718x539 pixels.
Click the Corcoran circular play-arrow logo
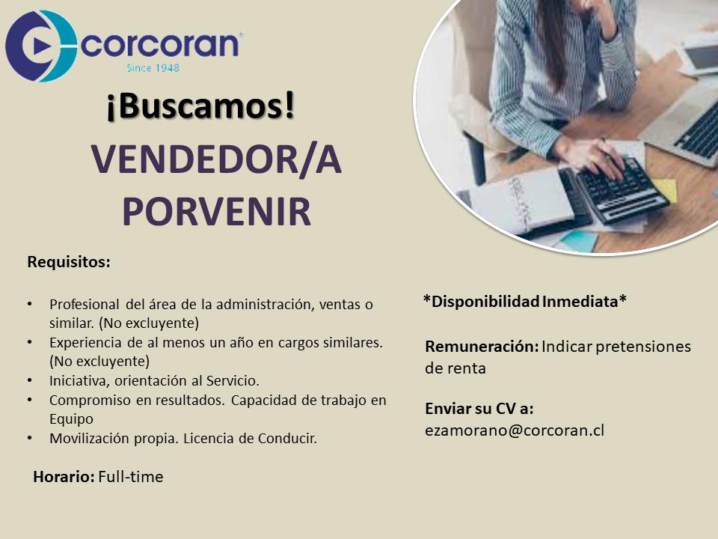41,46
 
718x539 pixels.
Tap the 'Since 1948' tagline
153,68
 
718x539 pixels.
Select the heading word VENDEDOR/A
216,159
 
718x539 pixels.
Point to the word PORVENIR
217,212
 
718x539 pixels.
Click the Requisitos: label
69,262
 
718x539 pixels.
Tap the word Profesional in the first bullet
85,305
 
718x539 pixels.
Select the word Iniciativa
79,381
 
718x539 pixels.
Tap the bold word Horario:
64,477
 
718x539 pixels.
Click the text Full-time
131,477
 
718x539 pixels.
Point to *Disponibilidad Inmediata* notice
525,302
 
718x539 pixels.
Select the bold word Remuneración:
482,347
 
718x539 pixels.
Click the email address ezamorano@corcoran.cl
515,430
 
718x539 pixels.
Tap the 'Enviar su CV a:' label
479,409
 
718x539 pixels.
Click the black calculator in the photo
619,190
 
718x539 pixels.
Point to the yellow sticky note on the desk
666,189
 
